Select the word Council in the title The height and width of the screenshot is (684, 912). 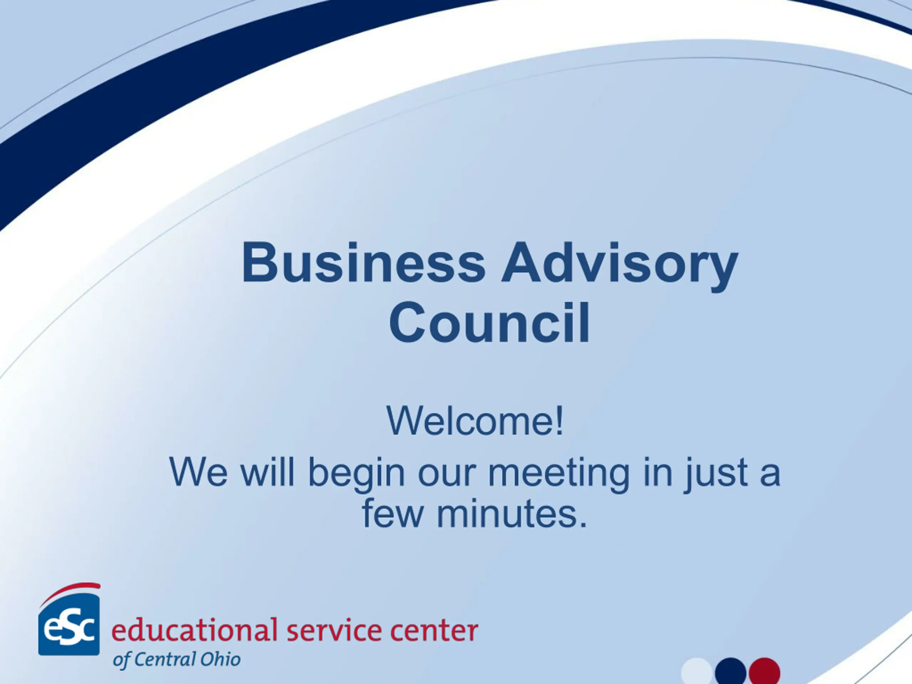[x=489, y=322]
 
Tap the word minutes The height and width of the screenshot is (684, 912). [x=512, y=514]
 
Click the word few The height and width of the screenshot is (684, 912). [x=393, y=513]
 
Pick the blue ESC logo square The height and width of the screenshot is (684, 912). [x=69, y=624]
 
